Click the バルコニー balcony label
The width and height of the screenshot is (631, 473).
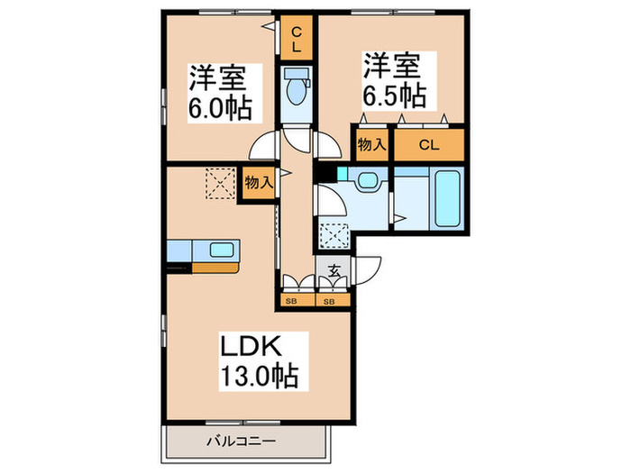[x=241, y=441]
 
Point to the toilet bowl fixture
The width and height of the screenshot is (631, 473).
[x=297, y=90]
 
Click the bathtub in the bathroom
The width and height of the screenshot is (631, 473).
[x=447, y=199]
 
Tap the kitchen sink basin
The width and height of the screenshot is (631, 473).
[x=222, y=250]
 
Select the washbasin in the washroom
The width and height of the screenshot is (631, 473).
[x=367, y=179]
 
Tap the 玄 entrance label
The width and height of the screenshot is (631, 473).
[x=334, y=270]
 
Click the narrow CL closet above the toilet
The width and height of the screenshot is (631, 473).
[x=297, y=38]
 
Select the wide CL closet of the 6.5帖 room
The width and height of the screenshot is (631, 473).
[x=429, y=145]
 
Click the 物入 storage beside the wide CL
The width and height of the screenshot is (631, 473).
[x=372, y=145]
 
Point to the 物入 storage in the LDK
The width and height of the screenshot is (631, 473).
[x=259, y=183]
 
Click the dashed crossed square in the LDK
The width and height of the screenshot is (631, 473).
[x=220, y=184]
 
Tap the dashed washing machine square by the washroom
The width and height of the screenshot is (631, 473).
[x=334, y=234]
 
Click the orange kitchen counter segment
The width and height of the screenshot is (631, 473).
[x=215, y=268]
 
